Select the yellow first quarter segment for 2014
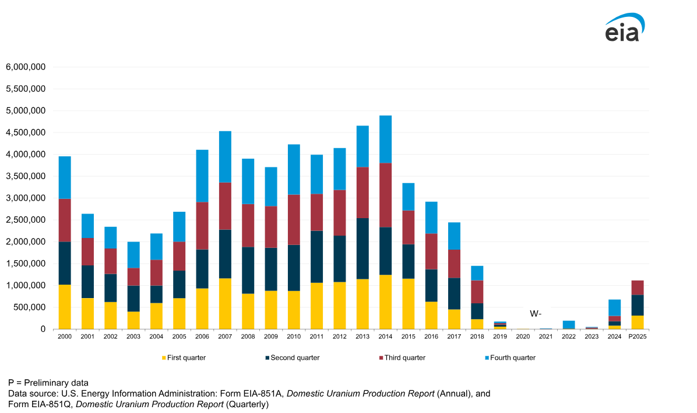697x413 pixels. tap(385, 302)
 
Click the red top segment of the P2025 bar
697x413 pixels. tap(637, 288)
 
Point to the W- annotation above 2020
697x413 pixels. tap(536, 313)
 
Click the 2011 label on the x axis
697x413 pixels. tap(316, 337)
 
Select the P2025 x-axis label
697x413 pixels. tap(637, 337)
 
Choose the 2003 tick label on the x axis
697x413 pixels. tap(133, 337)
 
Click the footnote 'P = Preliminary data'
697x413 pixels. tap(48, 383)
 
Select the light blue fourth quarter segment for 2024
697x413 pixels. tap(614, 307)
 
